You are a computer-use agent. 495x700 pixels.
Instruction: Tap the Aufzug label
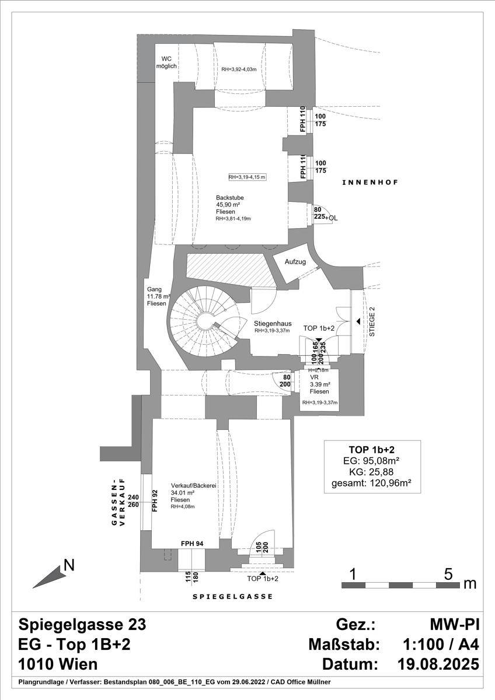coord(295,261)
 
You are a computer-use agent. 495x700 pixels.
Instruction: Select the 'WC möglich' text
coord(166,62)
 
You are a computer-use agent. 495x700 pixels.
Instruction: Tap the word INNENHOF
coord(369,183)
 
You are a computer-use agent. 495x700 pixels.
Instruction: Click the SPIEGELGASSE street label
coord(232,597)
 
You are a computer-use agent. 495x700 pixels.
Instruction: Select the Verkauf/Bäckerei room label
coord(190,486)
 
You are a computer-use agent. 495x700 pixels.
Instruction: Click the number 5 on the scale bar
coord(448,573)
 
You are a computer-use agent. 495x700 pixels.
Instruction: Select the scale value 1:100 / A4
coord(441,645)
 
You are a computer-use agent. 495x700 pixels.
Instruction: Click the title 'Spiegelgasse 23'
coord(82,625)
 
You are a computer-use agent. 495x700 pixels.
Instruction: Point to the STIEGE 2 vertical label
coord(372,322)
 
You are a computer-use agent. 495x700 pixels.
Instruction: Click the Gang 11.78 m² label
coord(157,296)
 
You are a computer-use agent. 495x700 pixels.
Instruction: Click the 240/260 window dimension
coord(133,501)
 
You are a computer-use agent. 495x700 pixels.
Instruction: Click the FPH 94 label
coord(192,543)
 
